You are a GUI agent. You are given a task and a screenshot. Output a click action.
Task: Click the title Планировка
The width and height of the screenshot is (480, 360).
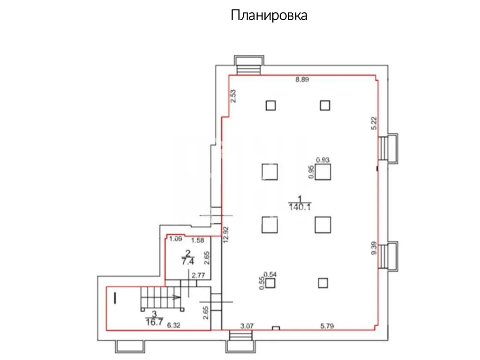269,15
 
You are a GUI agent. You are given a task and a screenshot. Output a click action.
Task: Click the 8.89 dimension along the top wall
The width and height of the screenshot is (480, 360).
302,80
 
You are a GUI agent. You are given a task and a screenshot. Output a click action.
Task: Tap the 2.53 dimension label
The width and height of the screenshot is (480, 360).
233,96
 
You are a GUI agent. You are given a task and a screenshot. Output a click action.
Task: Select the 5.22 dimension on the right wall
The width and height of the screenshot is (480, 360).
374,123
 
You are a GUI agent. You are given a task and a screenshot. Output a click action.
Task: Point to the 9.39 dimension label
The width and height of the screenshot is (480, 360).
374,248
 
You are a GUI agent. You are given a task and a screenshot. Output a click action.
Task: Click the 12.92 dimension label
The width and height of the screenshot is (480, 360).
226,234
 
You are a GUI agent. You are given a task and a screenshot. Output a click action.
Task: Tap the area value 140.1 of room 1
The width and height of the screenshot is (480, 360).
300,207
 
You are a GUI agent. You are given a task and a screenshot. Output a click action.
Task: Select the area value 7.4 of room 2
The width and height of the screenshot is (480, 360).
187,262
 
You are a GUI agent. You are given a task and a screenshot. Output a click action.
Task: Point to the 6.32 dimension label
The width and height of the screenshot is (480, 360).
173,325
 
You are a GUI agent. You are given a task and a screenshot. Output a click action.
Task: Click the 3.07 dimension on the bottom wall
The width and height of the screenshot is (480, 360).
247,326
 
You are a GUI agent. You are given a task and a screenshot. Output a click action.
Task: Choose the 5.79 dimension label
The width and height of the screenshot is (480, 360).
327,326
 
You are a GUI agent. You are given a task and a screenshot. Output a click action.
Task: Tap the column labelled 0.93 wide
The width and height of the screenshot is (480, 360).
323,172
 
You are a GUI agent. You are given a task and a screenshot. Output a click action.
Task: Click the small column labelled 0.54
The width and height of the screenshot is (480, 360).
270,283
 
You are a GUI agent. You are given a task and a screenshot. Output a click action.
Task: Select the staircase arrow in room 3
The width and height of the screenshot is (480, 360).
176,297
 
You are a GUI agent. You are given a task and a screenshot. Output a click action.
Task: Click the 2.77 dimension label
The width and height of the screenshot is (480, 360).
198,275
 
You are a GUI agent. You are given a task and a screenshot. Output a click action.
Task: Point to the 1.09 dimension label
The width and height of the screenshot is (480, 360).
176,239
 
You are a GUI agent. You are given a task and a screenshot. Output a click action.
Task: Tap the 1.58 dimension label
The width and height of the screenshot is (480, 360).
197,240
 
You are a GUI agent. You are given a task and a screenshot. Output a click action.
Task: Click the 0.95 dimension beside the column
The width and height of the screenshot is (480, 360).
311,172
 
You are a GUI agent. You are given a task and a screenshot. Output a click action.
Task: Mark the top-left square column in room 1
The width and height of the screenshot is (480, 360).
270,105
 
